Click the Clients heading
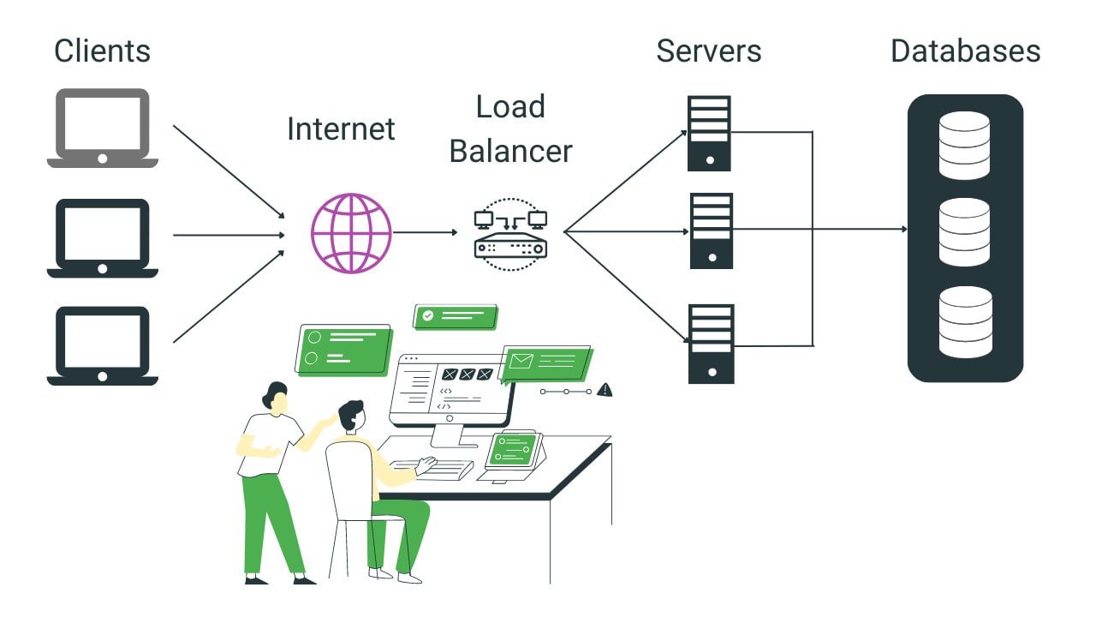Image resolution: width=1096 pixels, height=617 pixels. (102, 51)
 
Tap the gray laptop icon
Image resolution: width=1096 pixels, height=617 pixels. (102, 129)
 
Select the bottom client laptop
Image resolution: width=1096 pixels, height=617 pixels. (102, 346)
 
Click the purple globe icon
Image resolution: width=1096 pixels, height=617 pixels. (351, 232)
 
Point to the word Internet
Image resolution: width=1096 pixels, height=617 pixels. (341, 129)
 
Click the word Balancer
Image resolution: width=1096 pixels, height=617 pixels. (510, 152)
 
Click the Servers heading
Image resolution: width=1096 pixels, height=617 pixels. (708, 51)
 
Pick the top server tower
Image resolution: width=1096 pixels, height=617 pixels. (709, 133)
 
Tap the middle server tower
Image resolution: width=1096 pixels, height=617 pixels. (711, 231)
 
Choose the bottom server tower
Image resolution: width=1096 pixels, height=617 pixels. (711, 343)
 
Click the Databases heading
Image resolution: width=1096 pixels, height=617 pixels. (965, 51)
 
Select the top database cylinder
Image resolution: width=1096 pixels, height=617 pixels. (964, 145)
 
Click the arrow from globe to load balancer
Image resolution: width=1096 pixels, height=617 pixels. (425, 232)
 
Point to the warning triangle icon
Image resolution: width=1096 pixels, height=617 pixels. (605, 390)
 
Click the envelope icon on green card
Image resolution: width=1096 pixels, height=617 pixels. (520, 360)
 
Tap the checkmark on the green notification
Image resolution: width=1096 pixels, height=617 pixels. (427, 315)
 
